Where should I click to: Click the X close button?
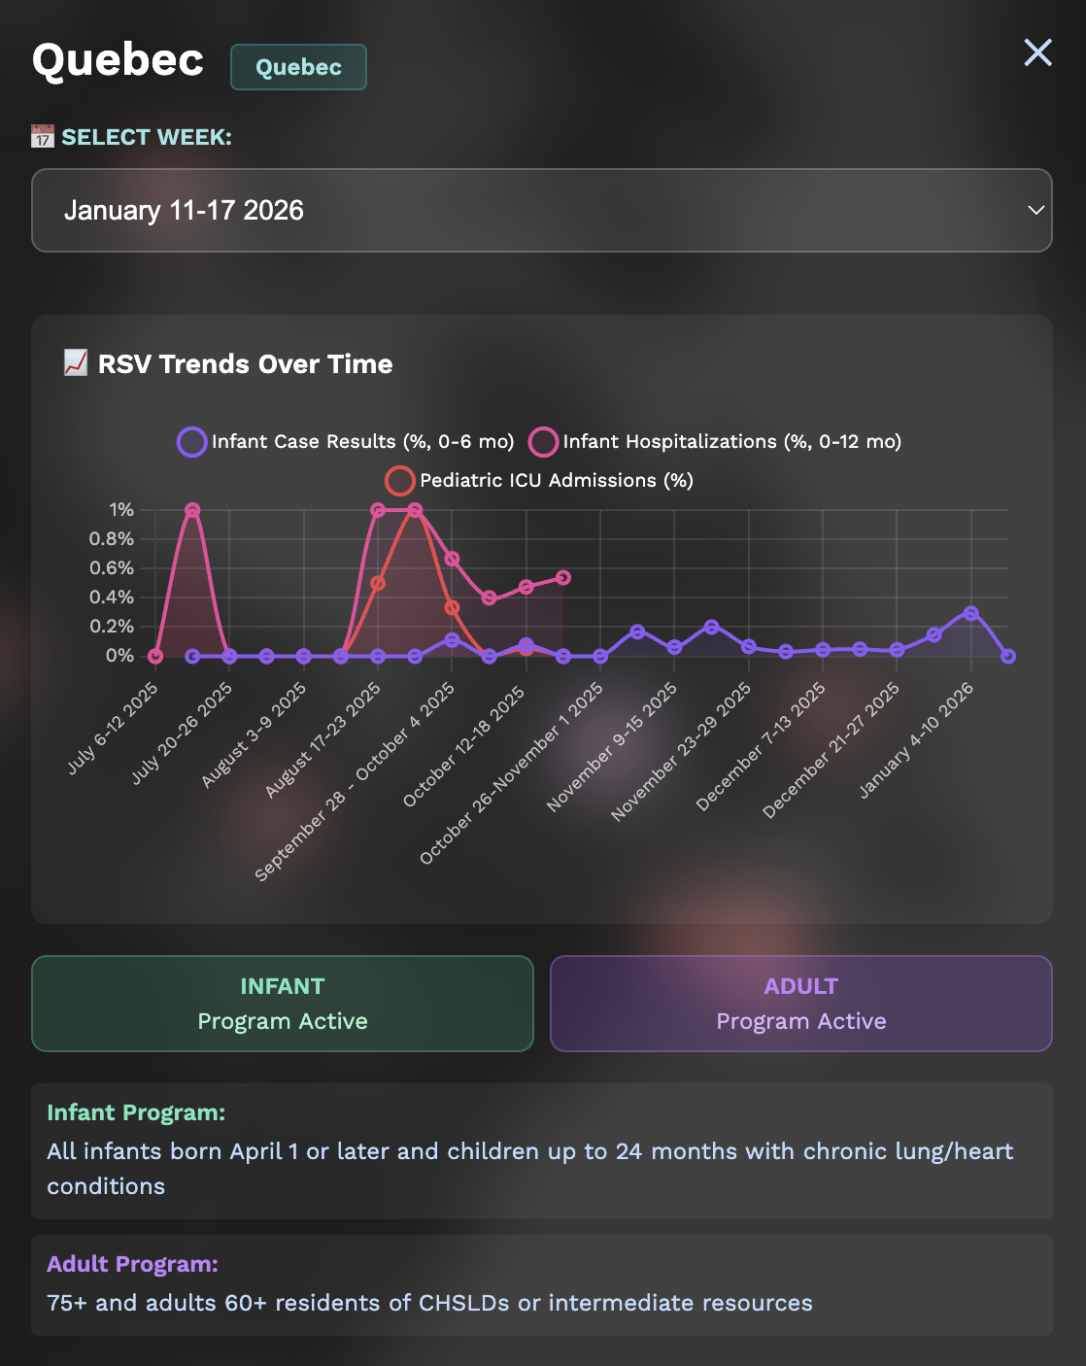coord(1037,52)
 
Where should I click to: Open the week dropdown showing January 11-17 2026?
coord(541,210)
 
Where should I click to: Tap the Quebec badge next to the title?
coord(298,67)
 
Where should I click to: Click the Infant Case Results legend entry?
coord(346,442)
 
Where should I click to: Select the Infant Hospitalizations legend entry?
coord(715,442)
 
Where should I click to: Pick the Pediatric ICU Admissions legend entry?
coord(539,481)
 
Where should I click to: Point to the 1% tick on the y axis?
coord(121,510)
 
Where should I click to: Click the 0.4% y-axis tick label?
coord(112,598)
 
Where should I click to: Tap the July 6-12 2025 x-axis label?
coord(113,728)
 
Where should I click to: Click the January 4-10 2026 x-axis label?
coord(917,740)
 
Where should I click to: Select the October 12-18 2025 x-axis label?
coord(464,746)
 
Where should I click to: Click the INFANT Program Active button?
coord(283,1004)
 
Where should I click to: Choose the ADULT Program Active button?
coord(800,1004)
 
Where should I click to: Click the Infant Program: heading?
coord(136,1112)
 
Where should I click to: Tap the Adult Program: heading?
coord(132,1264)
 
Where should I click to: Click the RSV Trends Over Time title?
coord(245,364)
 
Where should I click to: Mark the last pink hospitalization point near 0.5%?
coord(563,578)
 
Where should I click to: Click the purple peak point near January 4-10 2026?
coord(971,613)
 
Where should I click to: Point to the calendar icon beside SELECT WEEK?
coord(43,137)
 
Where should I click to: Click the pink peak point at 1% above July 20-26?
coord(192,510)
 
